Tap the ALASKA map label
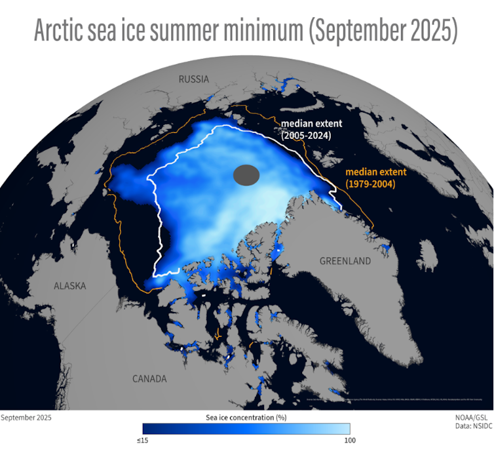coord(69,285)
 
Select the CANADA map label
coord(149,379)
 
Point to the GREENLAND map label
coord(345,261)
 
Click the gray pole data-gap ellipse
coord(247,176)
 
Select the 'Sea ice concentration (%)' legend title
coord(246,417)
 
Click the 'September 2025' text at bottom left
coord(26,417)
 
